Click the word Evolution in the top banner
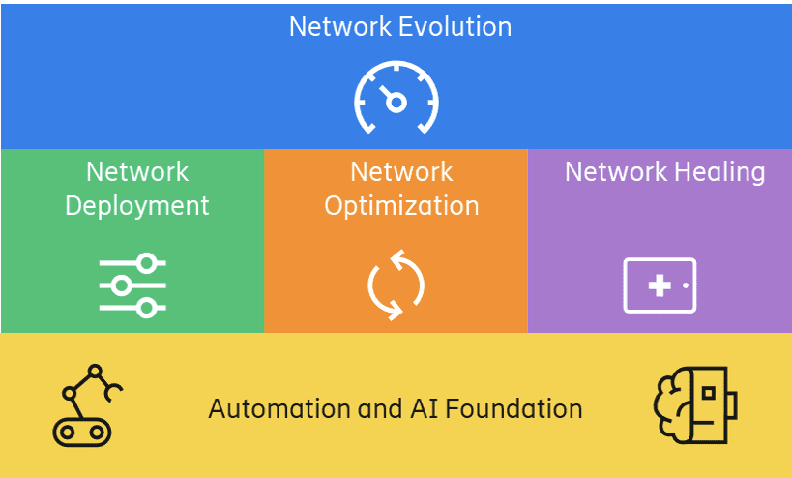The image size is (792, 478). point(455,26)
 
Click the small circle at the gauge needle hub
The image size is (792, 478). point(396,102)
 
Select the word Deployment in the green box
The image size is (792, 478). point(137,206)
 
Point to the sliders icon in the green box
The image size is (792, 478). point(132,285)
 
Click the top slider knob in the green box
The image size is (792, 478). point(147,263)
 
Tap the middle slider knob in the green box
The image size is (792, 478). point(121,285)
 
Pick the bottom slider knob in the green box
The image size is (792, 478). point(147,308)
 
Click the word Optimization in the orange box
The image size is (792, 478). point(401,206)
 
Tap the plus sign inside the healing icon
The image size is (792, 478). point(660,285)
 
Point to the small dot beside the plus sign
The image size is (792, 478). point(686,285)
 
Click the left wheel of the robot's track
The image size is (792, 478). point(67,432)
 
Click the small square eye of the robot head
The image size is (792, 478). point(709,393)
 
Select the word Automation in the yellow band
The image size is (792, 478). point(279,408)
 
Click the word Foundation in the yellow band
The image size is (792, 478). point(513,408)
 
